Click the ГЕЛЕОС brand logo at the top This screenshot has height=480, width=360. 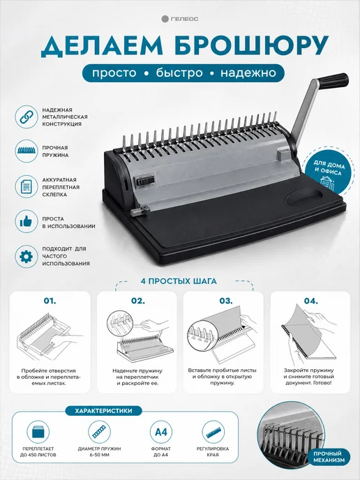click(180, 19)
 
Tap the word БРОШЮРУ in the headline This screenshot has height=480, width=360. click(252, 47)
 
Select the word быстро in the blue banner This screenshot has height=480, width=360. click(179, 73)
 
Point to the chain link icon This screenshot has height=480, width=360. click(27, 117)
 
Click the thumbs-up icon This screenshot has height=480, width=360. click(27, 221)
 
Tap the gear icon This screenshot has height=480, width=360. click(27, 256)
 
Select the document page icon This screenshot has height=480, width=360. click(27, 186)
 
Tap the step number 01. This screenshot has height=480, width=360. click(50, 301)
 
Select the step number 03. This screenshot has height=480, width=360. click(226, 301)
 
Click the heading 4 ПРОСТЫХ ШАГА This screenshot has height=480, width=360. click(179, 281)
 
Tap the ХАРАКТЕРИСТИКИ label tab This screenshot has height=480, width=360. click(103, 411)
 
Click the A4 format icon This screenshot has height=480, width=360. click(161, 432)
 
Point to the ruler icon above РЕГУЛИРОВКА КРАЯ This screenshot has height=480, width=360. click(213, 432)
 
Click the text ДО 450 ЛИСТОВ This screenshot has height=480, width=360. click(38, 455)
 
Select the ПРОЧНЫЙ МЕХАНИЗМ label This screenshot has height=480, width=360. click(329, 457)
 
